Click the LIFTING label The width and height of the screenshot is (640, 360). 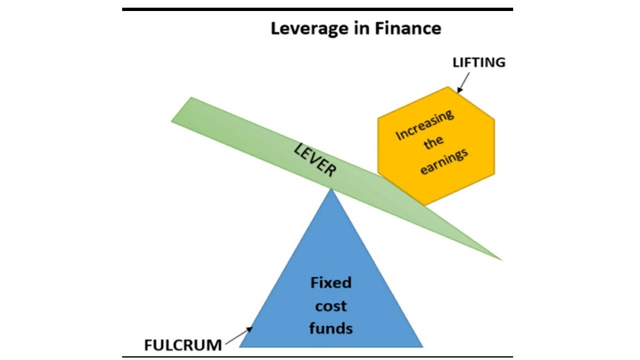[x=478, y=62]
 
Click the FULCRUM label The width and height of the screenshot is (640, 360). [x=182, y=345]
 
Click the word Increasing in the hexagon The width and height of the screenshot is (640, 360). [x=424, y=125]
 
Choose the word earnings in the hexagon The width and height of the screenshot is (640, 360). [x=444, y=160]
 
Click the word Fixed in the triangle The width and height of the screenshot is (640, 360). [x=331, y=283]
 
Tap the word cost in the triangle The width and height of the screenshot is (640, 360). [x=331, y=305]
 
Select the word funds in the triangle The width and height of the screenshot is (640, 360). [x=331, y=328]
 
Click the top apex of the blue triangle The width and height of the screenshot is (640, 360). [x=331, y=188]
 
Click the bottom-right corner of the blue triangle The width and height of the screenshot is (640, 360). [x=422, y=346]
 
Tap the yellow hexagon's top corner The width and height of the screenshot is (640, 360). [x=447, y=87]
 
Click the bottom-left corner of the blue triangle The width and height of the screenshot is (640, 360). [x=240, y=346]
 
